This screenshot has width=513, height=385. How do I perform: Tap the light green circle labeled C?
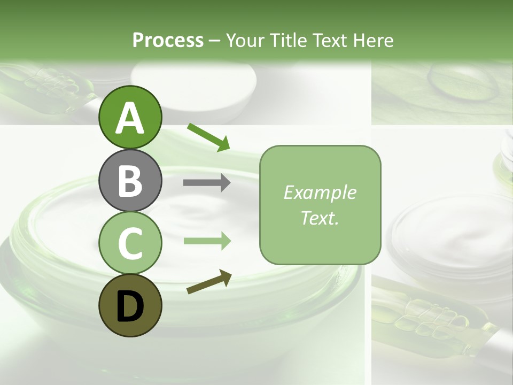[130, 243]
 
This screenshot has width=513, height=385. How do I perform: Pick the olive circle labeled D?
[130, 306]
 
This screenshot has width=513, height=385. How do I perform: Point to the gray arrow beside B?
[207, 183]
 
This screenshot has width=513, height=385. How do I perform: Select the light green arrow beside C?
[207, 241]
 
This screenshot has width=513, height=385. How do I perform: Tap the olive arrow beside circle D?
[209, 282]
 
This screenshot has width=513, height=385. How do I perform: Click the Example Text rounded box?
[320, 205]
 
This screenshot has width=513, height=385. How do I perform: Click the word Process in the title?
[168, 40]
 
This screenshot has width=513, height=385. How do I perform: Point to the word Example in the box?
[320, 192]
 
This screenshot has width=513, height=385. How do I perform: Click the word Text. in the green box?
[320, 218]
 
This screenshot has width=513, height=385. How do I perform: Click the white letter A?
[130, 118]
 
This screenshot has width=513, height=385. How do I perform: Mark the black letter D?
[130, 306]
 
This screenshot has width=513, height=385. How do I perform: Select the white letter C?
[130, 243]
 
